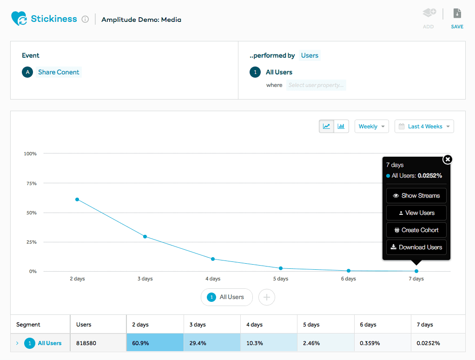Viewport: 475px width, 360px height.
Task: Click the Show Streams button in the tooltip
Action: click(x=416, y=196)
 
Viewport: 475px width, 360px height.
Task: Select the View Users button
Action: click(x=416, y=213)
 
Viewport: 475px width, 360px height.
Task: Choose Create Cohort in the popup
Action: click(x=416, y=230)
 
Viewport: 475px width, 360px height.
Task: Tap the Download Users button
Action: click(x=416, y=247)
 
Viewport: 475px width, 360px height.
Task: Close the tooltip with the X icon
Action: click(x=447, y=160)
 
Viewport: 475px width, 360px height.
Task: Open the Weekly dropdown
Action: click(x=371, y=127)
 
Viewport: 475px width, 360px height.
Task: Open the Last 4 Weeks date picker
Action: click(x=424, y=127)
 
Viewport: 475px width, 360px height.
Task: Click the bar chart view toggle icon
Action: click(x=341, y=126)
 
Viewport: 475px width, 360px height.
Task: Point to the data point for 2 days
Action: click(x=77, y=200)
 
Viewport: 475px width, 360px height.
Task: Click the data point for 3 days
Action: click(x=145, y=237)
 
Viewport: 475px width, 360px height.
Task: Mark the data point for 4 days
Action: click(x=213, y=259)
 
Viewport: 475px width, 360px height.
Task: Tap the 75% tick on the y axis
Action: click(x=30, y=183)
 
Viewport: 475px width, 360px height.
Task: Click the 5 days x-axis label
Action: click(x=280, y=279)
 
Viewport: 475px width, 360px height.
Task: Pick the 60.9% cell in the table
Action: click(x=155, y=343)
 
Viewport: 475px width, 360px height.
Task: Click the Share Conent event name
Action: click(x=59, y=72)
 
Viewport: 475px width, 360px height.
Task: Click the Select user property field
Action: click(x=316, y=85)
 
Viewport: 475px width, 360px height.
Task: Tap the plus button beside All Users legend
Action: click(x=266, y=297)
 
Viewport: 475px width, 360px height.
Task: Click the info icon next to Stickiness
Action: click(x=85, y=20)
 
